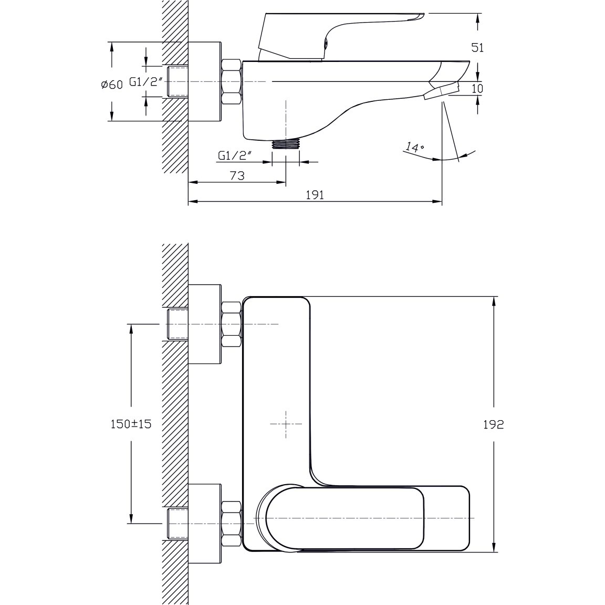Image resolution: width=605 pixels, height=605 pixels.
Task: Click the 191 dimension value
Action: [315, 195]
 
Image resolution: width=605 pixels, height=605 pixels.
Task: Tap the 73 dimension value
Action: [237, 175]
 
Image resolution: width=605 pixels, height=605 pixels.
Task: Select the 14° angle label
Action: [414, 148]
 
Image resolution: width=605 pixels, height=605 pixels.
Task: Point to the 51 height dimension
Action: [478, 47]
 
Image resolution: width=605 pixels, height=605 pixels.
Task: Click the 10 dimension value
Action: [478, 88]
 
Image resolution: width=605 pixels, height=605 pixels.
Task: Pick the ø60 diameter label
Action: [112, 85]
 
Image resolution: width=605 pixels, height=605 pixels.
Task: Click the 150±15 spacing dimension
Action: [131, 424]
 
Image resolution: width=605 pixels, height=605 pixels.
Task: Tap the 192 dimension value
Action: [494, 424]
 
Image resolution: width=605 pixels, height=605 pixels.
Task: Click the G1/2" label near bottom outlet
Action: [235, 155]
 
